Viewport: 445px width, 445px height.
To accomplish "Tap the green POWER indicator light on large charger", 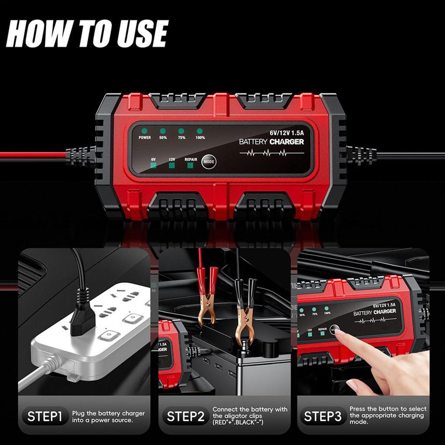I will pyautogui.click(x=144, y=131).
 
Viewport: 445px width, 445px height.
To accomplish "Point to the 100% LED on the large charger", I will pyautogui.click(x=200, y=131).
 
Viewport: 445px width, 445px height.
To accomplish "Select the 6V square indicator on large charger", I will pyautogui.click(x=153, y=166).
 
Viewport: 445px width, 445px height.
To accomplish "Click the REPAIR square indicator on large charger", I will pyautogui.click(x=190, y=166).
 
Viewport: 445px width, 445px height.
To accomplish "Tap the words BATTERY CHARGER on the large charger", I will pyautogui.click(x=272, y=142).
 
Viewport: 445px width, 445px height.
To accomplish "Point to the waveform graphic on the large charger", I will pyautogui.click(x=266, y=153).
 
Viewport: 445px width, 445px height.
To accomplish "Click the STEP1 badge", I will pyautogui.click(x=45, y=416).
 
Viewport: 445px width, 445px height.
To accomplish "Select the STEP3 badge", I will pyautogui.click(x=322, y=416).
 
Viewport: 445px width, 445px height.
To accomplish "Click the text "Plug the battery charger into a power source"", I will pyautogui.click(x=109, y=417).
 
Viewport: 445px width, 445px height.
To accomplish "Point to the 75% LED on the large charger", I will pyautogui.click(x=181, y=131).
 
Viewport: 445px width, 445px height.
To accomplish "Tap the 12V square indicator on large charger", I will pyautogui.click(x=172, y=166).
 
